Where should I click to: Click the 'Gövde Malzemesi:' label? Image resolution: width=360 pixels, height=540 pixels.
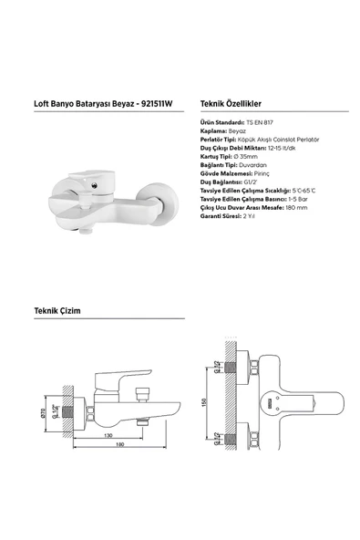pos(225,173)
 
